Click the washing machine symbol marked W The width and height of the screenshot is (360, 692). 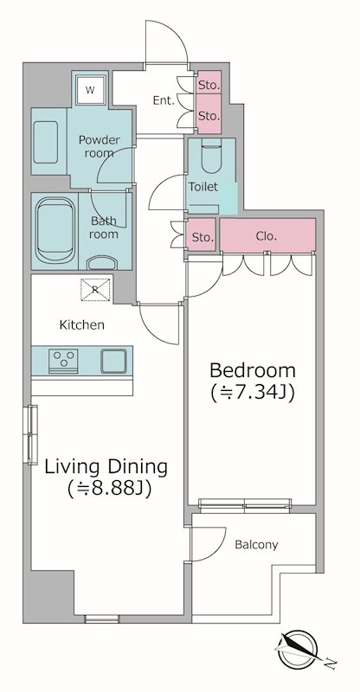click(x=90, y=90)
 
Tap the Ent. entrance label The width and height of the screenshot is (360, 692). click(x=164, y=100)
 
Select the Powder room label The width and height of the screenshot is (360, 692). click(x=99, y=146)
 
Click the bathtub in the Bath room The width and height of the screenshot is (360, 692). click(x=55, y=230)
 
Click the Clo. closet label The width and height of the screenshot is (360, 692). click(x=267, y=236)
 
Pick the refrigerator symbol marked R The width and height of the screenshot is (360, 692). click(x=95, y=290)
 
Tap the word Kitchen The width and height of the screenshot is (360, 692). click(x=82, y=325)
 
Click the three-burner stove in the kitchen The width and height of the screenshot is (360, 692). click(x=64, y=361)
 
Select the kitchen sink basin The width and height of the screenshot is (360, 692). click(x=113, y=361)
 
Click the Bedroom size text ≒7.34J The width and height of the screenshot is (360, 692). click(x=253, y=393)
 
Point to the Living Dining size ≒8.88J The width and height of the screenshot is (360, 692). click(x=110, y=488)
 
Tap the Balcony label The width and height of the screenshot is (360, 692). click(x=256, y=545)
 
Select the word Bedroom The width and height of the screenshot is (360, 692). click(x=253, y=370)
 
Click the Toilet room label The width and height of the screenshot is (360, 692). click(x=203, y=187)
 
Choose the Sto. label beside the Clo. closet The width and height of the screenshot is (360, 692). click(x=202, y=237)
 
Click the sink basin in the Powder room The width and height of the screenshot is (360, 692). click(x=46, y=142)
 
